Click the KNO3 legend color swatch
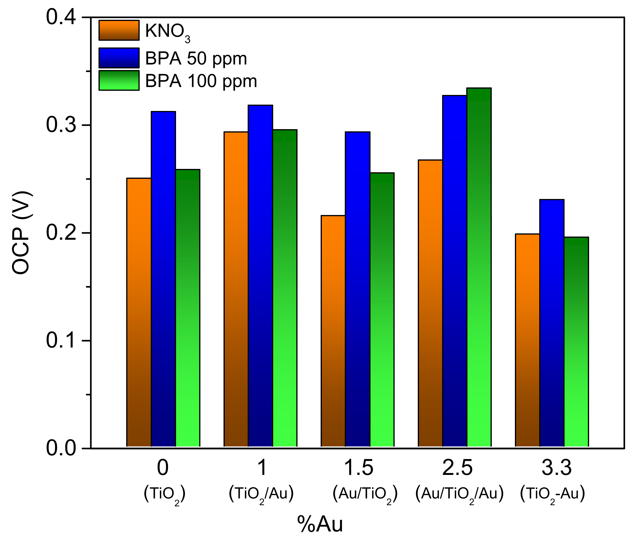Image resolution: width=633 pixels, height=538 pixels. click(x=119, y=30)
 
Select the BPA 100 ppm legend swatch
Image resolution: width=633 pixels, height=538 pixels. click(x=119, y=81)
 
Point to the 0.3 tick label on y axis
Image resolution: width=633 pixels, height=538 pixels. click(x=61, y=125)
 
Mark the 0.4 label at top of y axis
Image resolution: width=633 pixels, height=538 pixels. click(x=61, y=17)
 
